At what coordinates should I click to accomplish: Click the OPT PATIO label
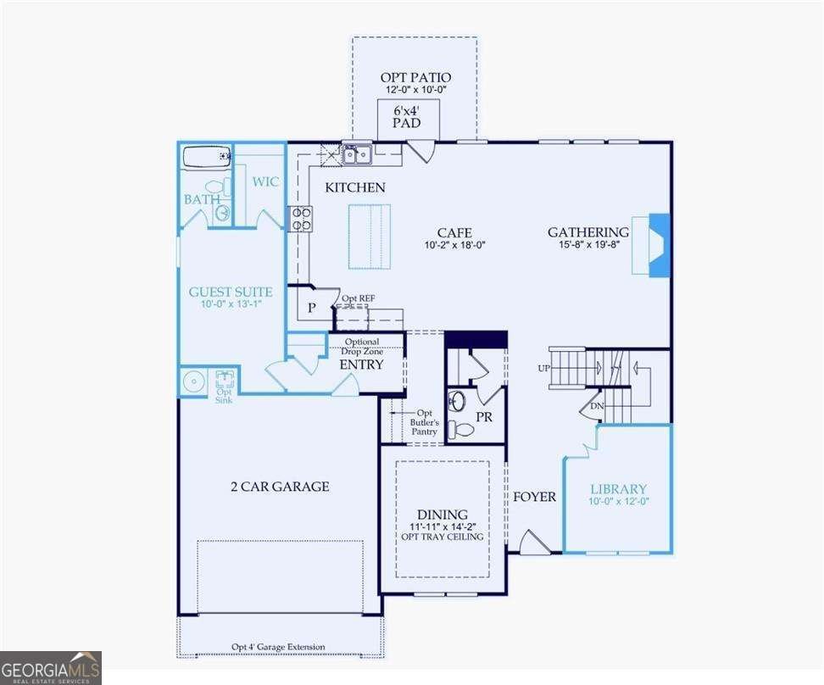[x=415, y=78]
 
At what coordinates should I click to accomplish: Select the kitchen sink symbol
[x=357, y=154]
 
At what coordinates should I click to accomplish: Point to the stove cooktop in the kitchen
[x=301, y=219]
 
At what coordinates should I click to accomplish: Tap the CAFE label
[x=454, y=232]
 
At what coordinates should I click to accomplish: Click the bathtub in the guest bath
[x=207, y=156]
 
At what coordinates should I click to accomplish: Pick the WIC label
[x=265, y=182]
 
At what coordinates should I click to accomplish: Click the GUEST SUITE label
[x=231, y=292]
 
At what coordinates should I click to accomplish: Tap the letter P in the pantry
[x=312, y=308]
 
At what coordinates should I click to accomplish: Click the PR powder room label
[x=485, y=417]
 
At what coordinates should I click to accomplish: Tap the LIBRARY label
[x=618, y=489]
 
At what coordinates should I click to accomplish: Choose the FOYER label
[x=534, y=497]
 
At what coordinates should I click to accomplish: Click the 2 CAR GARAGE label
[x=279, y=487]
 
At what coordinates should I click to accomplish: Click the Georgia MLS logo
[x=51, y=667]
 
